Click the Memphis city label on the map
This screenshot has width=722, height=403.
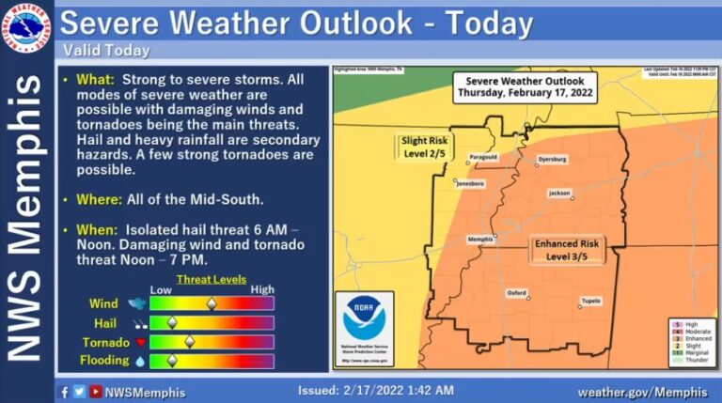pos(480,239)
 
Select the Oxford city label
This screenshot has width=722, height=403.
pos(517,292)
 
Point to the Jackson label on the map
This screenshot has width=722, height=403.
pos(560,193)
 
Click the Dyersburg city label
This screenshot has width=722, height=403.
pos(552,160)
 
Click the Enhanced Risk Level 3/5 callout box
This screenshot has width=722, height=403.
pos(566,250)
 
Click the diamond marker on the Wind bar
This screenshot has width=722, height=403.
pos(212,303)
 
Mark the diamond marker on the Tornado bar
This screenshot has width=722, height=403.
pos(190,341)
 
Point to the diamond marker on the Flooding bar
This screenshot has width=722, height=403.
pos(172,360)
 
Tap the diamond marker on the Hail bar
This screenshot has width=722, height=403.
pos(172,322)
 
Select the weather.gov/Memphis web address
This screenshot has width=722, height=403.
pos(642,391)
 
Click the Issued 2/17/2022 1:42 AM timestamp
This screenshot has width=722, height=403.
pos(376,390)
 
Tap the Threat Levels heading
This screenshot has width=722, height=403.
pos(212,279)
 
